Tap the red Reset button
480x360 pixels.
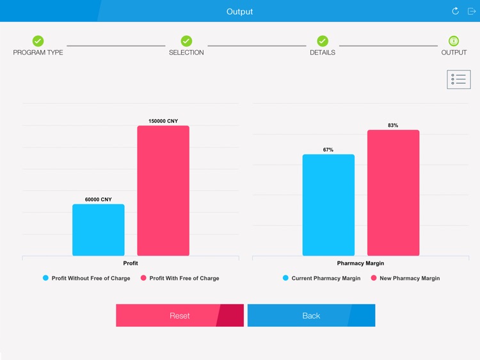[x=179, y=316]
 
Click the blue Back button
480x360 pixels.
[x=311, y=316]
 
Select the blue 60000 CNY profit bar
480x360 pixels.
[x=98, y=230]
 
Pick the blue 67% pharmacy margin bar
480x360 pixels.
[x=328, y=205]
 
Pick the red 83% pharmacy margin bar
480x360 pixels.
[x=393, y=193]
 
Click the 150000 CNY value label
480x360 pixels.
[x=163, y=121]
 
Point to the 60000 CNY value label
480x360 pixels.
[x=98, y=200]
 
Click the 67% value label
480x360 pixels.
[x=328, y=150]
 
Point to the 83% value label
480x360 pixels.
[x=393, y=126]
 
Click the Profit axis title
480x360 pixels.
[x=131, y=263]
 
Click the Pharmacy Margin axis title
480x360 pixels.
[x=360, y=263]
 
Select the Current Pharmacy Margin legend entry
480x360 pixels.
[x=321, y=279]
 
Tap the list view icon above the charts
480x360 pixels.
[x=458, y=79]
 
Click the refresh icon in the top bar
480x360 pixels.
[x=455, y=11]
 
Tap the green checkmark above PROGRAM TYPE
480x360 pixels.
[x=38, y=41]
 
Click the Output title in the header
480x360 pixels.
[x=239, y=12]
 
